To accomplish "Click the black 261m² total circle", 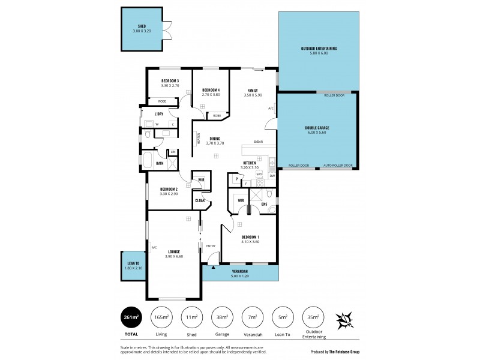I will point(131,317).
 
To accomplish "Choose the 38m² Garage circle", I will point(223,317).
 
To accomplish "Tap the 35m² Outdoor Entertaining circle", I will point(313,317).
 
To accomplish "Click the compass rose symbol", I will point(345,319).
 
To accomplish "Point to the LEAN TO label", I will point(133,263).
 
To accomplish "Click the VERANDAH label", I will point(240,271).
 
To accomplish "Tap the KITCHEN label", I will point(250,163).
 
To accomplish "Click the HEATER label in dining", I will point(198,139).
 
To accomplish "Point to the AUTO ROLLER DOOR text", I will point(338,166).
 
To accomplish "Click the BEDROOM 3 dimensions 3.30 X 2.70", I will point(170,86).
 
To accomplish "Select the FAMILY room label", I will point(253,91).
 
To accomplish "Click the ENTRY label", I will point(211,245).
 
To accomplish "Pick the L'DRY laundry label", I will point(159,114).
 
